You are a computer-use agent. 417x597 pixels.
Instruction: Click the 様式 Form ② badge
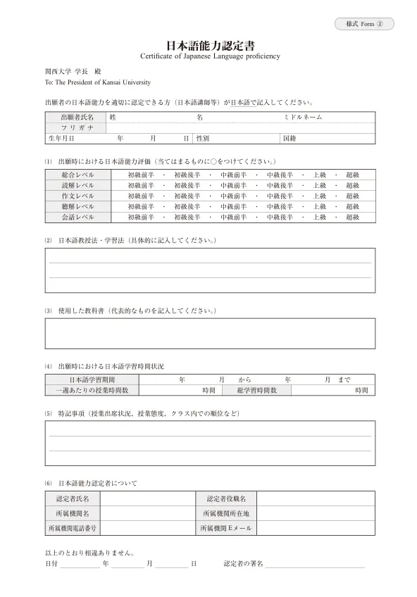pos(363,24)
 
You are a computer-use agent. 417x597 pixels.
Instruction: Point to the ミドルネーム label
pos(302,117)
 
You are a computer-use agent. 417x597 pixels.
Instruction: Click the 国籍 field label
pos(288,139)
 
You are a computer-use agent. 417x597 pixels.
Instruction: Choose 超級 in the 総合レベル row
pos(352,174)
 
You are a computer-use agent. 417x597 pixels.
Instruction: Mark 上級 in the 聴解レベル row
pos(319,206)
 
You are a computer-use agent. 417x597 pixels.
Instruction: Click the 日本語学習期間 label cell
pos(92,379)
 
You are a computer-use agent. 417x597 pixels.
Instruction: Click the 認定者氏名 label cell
pos(73,498)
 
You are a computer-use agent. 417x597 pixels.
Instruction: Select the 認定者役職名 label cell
pos(225,498)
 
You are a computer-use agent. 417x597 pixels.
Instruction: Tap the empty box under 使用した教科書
pos(208,334)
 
